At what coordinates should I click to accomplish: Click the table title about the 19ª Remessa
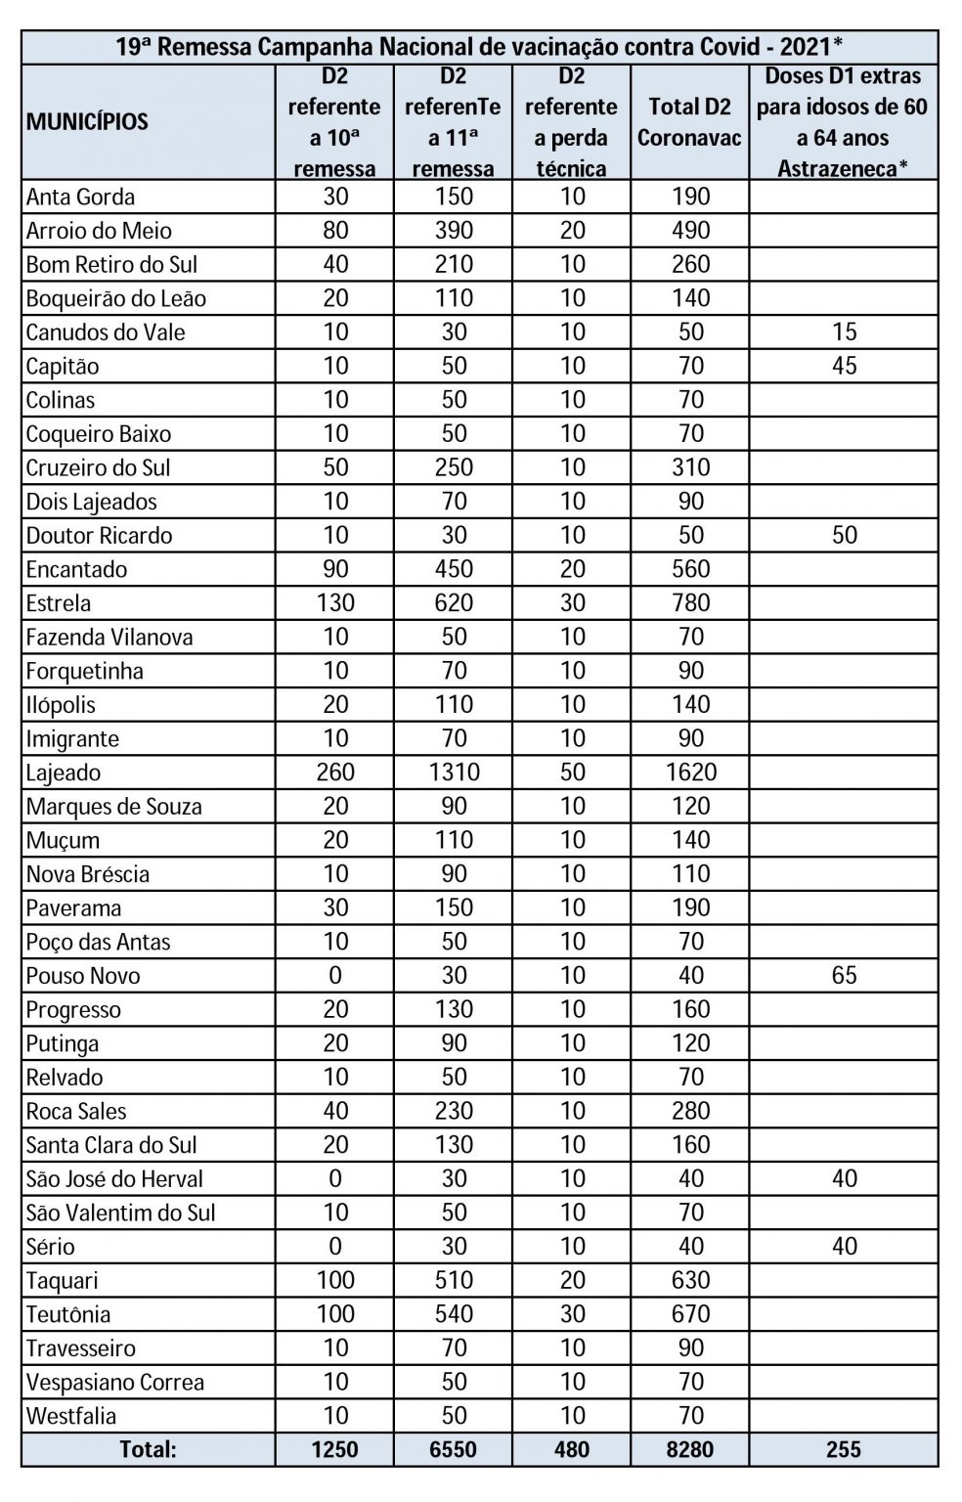(479, 47)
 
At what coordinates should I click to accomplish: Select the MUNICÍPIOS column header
(87, 122)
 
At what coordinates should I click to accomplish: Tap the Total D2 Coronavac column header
(689, 122)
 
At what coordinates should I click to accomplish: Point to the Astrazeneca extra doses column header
(843, 122)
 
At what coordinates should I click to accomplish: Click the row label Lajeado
(64, 773)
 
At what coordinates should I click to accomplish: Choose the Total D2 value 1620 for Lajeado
(690, 773)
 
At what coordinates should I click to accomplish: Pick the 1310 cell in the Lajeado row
(454, 773)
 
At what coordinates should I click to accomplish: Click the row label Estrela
(59, 603)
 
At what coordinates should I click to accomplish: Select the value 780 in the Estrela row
(690, 603)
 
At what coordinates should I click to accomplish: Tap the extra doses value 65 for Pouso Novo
(844, 976)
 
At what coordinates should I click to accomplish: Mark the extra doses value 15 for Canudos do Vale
(844, 332)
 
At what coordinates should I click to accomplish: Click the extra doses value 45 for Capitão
(844, 367)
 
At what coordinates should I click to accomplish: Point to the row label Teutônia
(68, 1315)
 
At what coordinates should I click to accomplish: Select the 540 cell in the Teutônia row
(454, 1315)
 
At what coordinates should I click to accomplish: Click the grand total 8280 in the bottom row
(690, 1449)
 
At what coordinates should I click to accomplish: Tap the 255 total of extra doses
(844, 1449)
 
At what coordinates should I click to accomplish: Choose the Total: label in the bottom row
(148, 1449)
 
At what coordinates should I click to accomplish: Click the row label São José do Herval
(114, 1179)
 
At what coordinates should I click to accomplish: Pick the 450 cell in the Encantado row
(454, 570)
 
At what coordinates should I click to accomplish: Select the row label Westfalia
(71, 1416)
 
